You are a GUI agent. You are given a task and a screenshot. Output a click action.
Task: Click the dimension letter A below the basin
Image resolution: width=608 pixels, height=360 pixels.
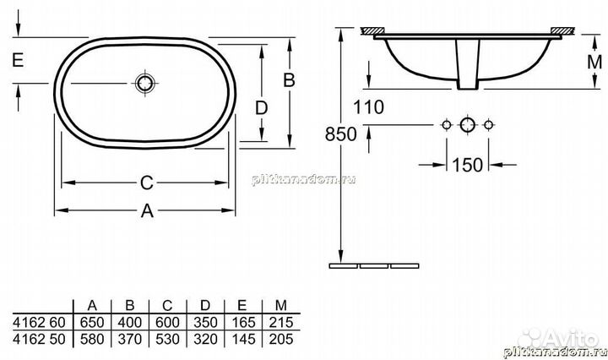[147, 213]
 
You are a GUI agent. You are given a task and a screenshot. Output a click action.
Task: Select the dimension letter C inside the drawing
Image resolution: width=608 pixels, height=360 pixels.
[146, 183]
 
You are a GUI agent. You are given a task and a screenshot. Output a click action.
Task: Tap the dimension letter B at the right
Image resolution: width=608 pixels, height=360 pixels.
[288, 80]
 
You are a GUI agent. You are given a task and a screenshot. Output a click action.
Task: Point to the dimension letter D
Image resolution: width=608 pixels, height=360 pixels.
[262, 109]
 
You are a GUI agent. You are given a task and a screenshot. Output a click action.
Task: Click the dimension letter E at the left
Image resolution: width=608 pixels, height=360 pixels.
[17, 58]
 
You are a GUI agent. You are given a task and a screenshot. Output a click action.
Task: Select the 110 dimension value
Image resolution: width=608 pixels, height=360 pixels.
[368, 107]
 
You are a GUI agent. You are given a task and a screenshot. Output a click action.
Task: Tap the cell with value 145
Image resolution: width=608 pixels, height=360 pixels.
[237, 337]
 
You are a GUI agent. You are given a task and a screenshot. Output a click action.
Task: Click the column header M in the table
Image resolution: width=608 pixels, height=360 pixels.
[274, 305]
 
